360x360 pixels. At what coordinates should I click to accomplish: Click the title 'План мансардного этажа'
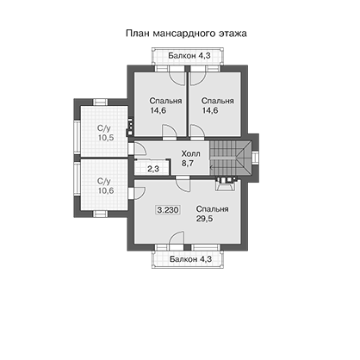186,34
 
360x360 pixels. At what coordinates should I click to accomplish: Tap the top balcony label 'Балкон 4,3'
189,55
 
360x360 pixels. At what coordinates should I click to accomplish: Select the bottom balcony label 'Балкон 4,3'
190,259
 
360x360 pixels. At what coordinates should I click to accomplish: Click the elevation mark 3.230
168,210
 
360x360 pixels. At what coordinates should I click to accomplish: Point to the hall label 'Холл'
190,154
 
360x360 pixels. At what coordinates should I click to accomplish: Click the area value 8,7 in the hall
188,164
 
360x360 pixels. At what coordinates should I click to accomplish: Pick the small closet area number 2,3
153,169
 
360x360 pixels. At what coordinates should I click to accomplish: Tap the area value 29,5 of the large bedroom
205,219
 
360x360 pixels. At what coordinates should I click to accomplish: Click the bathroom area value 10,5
106,138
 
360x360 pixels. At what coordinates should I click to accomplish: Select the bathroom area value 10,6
106,190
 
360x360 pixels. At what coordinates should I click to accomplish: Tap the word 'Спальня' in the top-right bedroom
217,101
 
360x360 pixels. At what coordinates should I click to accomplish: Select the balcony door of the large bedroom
177,239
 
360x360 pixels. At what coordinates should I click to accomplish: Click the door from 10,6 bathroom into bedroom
138,193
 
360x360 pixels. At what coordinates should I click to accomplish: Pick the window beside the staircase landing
255,158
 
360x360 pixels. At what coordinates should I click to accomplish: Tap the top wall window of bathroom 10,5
100,102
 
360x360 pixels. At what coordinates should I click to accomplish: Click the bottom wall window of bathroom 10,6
100,214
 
